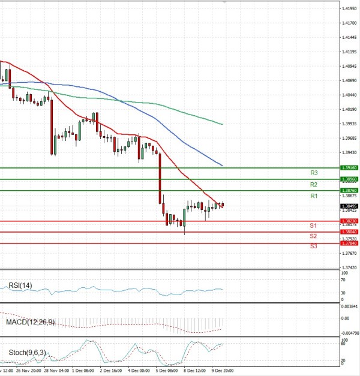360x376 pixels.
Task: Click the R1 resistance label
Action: click(314, 196)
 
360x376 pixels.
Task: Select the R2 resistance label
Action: click(314, 185)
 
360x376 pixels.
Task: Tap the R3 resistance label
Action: click(314, 173)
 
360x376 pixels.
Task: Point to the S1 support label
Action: click(313, 225)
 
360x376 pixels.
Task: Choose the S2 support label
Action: click(313, 236)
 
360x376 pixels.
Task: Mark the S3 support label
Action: click(313, 246)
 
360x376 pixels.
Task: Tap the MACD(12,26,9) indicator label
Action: click(30, 323)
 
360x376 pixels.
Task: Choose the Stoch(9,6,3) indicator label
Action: click(26, 353)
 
